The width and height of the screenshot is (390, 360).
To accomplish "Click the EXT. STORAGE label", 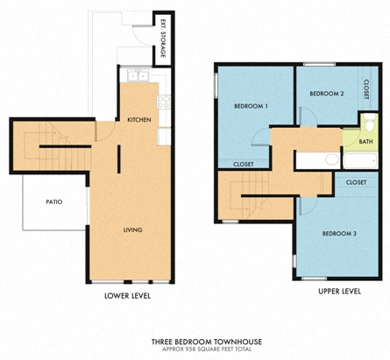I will point(162,40).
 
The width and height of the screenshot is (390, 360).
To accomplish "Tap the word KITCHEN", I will point(140,119).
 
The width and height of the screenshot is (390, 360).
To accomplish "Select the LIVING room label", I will point(132,229).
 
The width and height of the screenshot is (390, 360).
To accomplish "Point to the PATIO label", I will point(53,202).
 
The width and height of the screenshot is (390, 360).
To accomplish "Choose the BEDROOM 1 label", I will point(251,106).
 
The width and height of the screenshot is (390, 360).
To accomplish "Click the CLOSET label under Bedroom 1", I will point(244,163).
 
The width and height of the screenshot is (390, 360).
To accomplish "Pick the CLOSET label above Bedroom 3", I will point(356,182).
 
